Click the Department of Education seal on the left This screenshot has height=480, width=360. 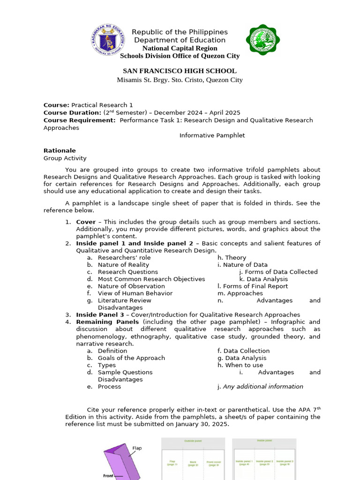(108, 40)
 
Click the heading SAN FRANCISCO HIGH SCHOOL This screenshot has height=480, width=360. (180, 71)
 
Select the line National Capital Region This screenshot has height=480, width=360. (180, 48)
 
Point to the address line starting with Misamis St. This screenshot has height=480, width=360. (180, 80)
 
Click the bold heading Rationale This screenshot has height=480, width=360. (60, 151)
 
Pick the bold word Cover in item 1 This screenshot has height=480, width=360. (86, 222)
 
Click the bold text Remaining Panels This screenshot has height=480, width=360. (107, 322)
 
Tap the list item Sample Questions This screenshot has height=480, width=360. (125, 372)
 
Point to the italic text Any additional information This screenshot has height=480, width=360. (262, 387)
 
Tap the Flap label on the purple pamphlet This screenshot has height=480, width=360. (136, 448)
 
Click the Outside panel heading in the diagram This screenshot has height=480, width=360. (193, 441)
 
